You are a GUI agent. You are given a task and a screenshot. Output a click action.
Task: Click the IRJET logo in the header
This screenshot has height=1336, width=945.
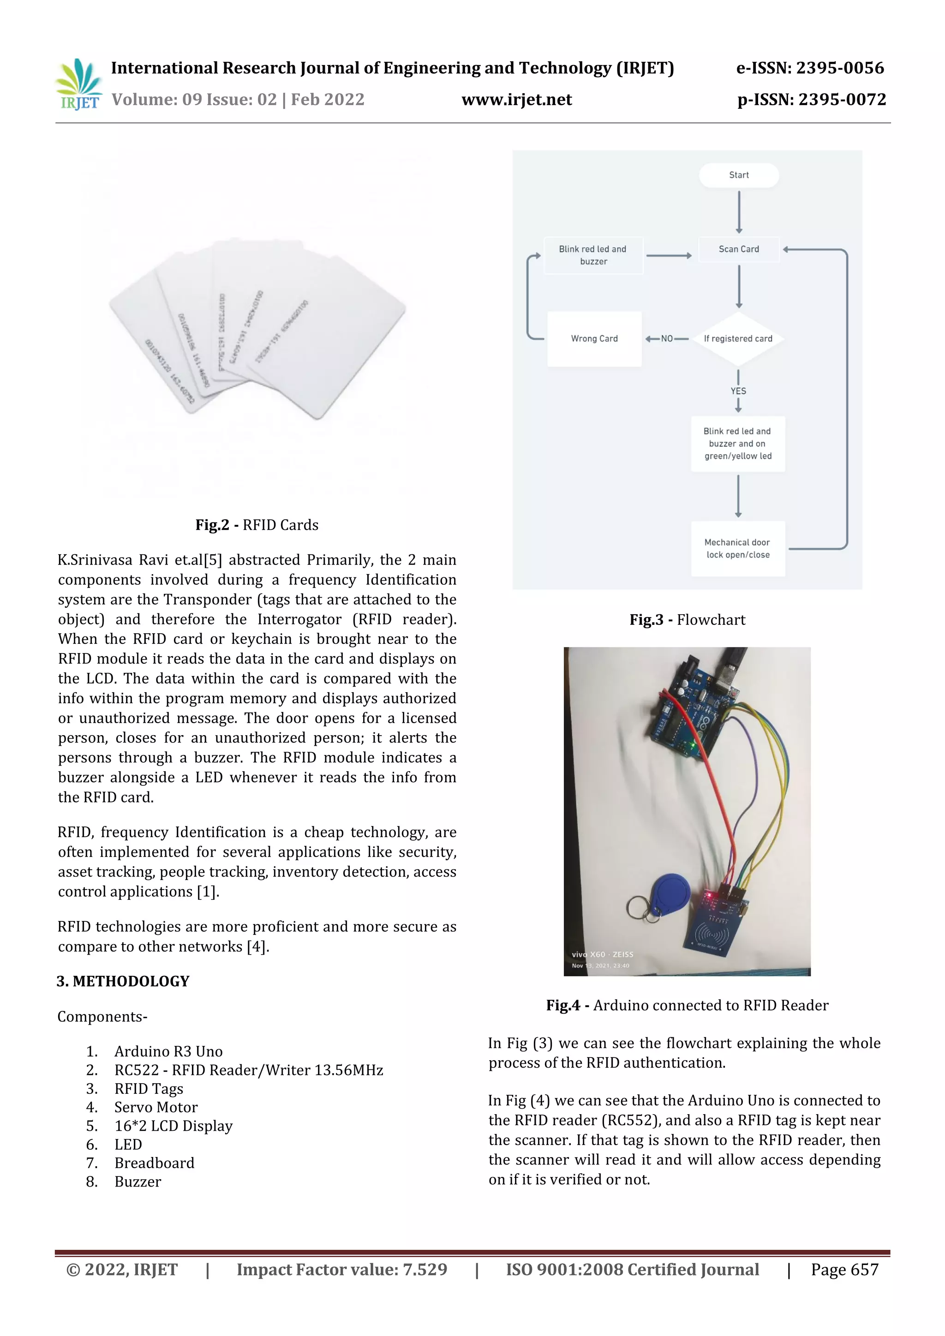pos(78,84)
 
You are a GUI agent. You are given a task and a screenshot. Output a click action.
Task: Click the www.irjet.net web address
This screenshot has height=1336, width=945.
pos(516,100)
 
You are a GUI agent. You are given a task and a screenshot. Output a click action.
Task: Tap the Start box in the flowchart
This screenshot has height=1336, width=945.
pos(738,175)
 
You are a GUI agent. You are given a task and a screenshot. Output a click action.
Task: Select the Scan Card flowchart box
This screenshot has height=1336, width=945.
pos(738,249)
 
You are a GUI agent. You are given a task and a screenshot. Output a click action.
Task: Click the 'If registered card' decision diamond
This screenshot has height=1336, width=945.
pos(738,338)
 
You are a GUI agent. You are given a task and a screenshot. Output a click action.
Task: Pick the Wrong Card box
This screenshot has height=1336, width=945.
pos(594,338)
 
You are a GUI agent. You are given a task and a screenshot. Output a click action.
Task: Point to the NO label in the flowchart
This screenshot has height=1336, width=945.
pos(667,338)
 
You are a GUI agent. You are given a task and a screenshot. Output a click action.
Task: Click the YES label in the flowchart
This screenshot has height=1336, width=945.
pos(738,391)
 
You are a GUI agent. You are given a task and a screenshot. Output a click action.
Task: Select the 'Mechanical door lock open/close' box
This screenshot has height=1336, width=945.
pos(738,548)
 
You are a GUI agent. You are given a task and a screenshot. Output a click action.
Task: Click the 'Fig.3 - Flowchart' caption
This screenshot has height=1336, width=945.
pos(687,620)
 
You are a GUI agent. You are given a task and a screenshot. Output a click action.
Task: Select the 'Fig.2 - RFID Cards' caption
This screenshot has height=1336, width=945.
pos(257,525)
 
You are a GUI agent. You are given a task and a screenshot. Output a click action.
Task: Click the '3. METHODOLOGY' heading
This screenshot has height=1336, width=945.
pos(123,981)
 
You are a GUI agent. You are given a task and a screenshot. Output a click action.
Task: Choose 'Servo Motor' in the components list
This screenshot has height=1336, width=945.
pos(156,1107)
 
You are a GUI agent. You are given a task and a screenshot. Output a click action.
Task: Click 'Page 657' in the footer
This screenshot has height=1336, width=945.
pos(844,1269)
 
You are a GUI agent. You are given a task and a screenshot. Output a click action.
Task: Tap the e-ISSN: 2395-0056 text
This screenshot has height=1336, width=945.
pos(809,68)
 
